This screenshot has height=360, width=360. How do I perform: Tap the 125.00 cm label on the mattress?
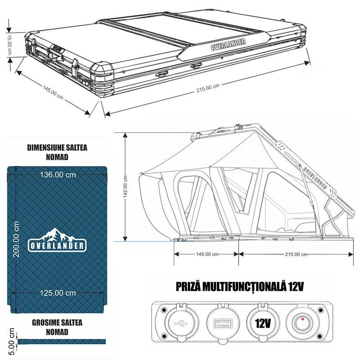(58, 293)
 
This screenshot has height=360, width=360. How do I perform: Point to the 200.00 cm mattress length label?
(16, 239)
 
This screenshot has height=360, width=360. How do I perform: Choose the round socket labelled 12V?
(262, 323)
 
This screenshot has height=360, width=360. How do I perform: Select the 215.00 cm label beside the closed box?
(208, 87)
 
